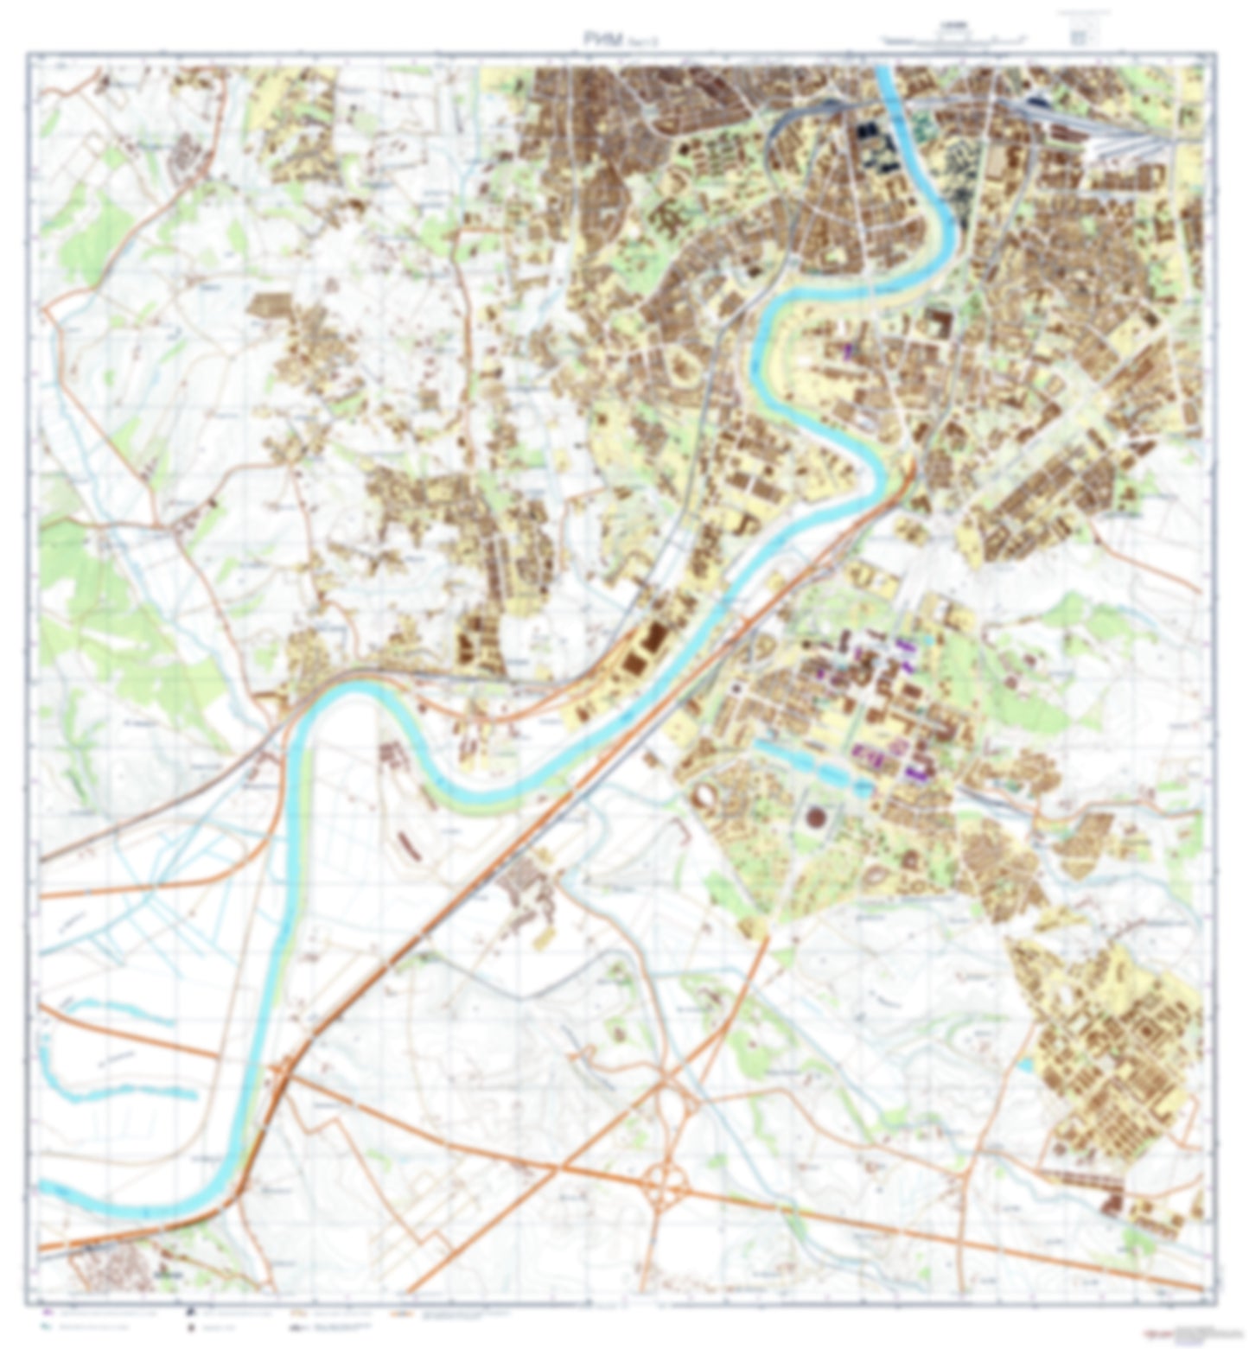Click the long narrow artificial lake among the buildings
[x=812, y=767]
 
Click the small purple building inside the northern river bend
[x=848, y=351]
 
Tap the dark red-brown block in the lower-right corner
[x=1112, y=1201]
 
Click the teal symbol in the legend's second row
[x=47, y=1325]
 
